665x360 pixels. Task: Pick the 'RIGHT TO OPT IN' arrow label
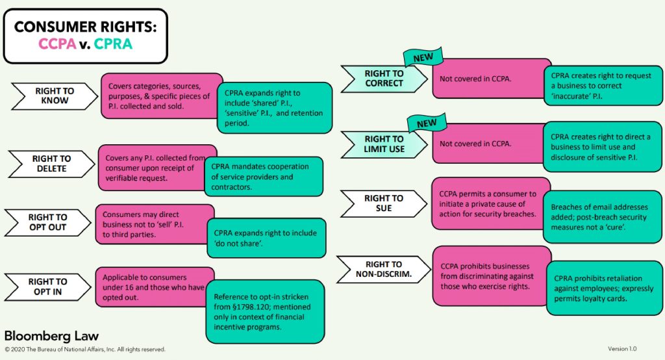[47, 287]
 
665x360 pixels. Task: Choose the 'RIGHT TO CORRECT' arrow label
[384, 78]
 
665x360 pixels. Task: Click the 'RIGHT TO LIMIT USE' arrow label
[384, 144]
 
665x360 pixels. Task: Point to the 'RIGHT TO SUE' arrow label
[383, 203]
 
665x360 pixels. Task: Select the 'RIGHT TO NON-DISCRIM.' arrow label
[383, 269]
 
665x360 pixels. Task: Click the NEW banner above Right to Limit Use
[426, 123]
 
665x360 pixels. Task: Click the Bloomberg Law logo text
[51, 336]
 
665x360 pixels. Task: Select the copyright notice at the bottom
[84, 350]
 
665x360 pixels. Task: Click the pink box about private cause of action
[490, 203]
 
